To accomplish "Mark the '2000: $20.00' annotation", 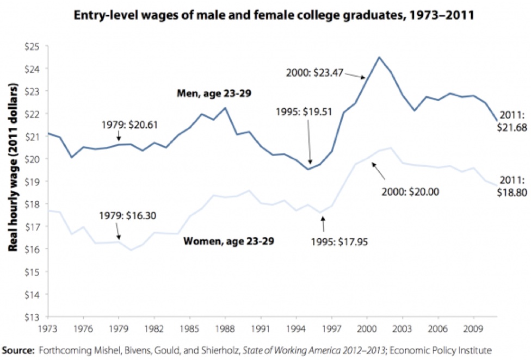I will point(416,191).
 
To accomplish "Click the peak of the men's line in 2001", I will point(379,57).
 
